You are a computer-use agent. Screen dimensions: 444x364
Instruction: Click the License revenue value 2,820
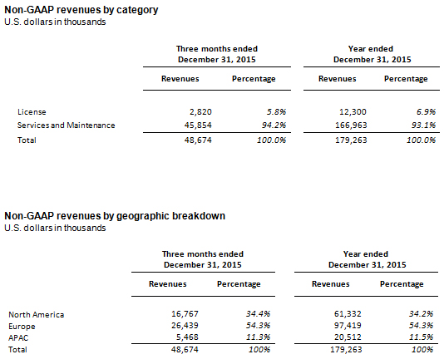point(200,112)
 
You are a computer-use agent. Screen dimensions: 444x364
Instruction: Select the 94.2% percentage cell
point(274,125)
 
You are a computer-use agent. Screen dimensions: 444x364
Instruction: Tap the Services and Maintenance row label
point(66,125)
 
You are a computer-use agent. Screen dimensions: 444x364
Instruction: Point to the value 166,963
point(351,125)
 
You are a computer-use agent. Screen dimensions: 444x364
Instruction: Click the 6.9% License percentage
point(426,112)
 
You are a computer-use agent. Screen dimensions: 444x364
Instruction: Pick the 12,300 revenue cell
point(353,112)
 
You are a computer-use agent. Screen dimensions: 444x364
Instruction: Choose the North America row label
point(37,314)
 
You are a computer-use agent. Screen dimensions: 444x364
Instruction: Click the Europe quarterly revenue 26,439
point(185,326)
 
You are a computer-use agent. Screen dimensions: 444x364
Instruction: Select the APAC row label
point(18,337)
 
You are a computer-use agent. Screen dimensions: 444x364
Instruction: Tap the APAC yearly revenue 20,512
point(348,337)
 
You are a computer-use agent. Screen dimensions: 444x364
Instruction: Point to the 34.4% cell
point(258,313)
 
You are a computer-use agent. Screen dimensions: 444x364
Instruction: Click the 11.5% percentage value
point(421,337)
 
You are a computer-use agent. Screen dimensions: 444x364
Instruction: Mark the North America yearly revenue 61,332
point(348,313)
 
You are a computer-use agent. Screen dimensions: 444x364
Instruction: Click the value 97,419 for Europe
point(348,326)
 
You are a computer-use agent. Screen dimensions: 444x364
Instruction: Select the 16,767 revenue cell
point(185,313)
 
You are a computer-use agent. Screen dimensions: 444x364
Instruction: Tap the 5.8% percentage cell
point(276,112)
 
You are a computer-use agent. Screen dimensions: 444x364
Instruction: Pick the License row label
point(32,112)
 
